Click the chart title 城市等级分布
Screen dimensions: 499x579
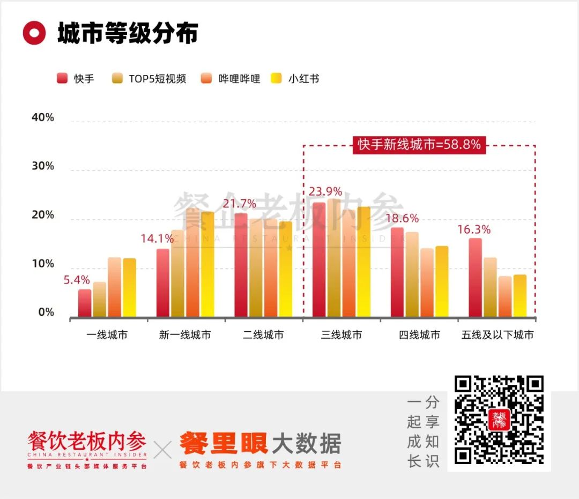pos(128,33)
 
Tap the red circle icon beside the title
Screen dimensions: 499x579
pos(34,33)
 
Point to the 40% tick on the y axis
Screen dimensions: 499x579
pos(43,117)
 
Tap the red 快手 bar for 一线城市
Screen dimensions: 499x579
pos(85,303)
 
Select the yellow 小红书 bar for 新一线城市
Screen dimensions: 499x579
pos(207,264)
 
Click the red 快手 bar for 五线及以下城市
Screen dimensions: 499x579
pos(475,278)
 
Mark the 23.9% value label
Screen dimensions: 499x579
pos(325,192)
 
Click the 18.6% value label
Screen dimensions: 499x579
pos(402,219)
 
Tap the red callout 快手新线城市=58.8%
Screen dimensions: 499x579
pos(419,145)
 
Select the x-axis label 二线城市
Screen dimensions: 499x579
pos(263,335)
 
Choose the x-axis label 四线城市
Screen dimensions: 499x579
pos(419,335)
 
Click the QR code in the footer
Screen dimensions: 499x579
pos(499,420)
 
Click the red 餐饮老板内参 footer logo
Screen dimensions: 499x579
pos(87,442)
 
